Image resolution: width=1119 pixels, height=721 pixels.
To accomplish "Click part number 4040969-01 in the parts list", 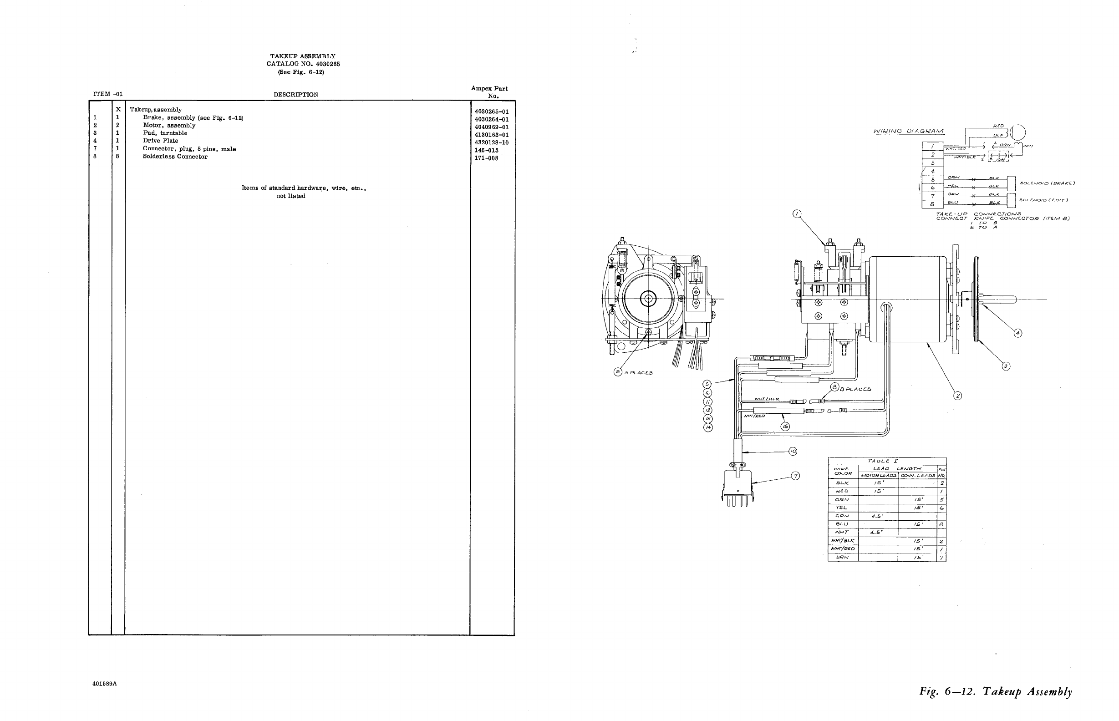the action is (491, 127).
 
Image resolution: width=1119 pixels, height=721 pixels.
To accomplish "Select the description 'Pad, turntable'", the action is (165, 133).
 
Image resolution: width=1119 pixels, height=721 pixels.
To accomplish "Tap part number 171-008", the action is (486, 158).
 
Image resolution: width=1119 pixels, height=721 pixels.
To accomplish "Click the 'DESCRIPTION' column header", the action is (295, 95).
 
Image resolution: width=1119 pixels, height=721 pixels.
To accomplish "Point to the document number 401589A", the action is (104, 684).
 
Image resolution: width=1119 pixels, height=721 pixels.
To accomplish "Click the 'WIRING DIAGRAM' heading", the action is (908, 132).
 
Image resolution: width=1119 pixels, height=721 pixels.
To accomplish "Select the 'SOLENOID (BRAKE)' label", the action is (1048, 183).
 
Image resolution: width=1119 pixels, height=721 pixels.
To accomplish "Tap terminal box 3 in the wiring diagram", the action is (932, 163).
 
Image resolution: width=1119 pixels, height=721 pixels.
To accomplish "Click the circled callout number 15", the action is (785, 427).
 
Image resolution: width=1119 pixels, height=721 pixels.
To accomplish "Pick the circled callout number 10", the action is (793, 452).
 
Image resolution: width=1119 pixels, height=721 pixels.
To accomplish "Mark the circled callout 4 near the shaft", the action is (1017, 333).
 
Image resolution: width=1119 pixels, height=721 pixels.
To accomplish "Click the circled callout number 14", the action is (708, 427).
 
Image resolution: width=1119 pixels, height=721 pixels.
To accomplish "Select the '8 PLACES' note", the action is (858, 389).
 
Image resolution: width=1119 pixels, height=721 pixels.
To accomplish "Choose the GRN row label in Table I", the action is (842, 516).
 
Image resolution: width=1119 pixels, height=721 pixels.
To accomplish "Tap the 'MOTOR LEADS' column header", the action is (878, 476).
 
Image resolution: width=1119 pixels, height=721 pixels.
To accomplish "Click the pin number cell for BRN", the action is (941, 558).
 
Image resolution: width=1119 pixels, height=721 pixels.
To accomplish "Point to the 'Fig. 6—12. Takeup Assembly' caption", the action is (995, 691).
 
